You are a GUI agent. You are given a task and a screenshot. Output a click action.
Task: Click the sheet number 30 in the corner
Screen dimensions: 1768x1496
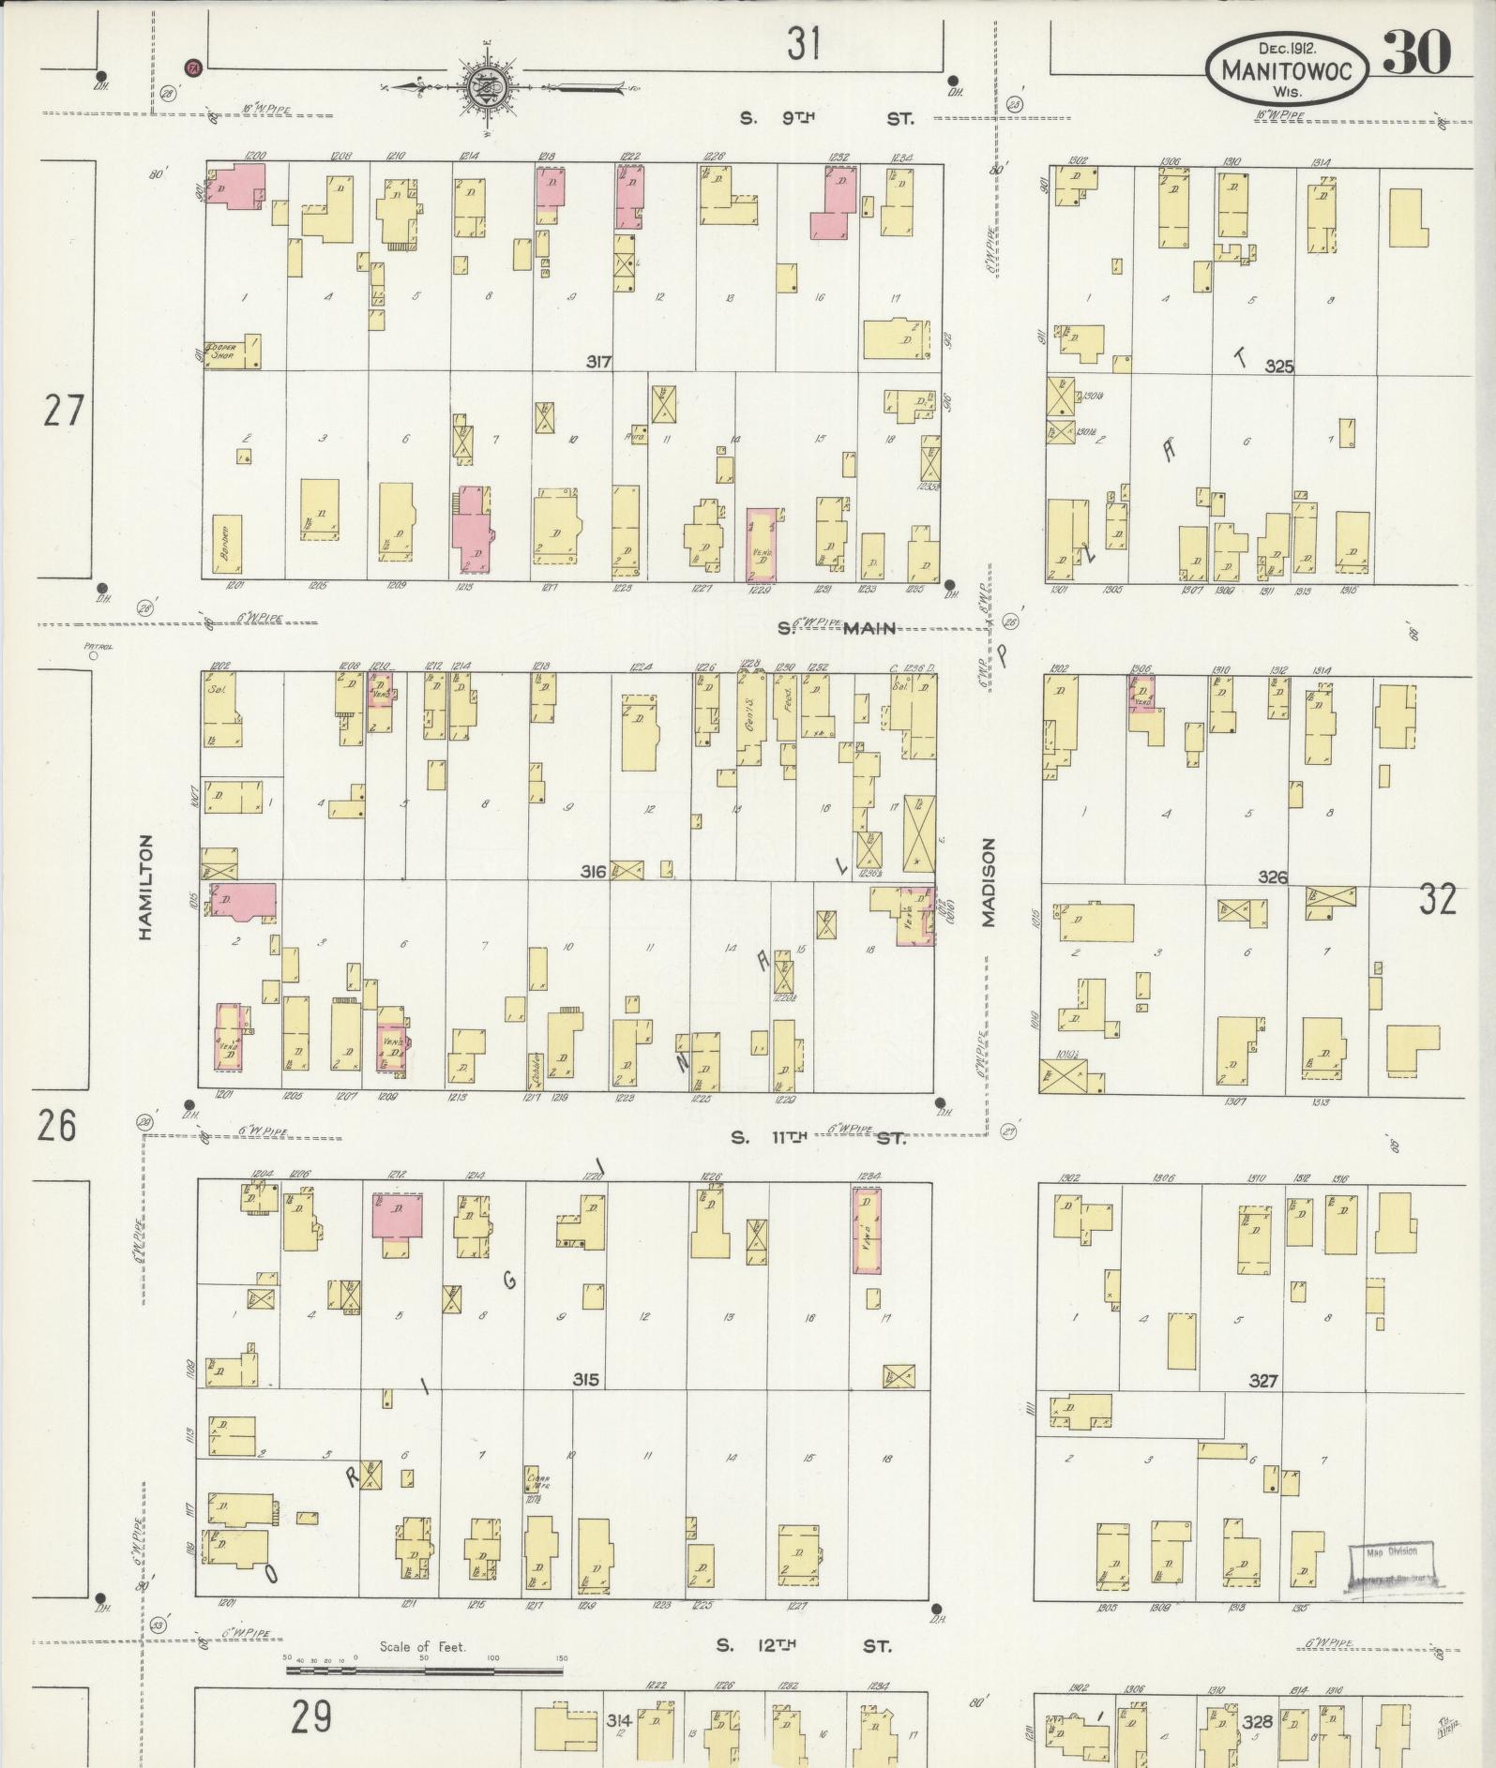pos(1416,52)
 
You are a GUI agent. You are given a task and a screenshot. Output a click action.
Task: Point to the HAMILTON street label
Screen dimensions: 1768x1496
pos(144,887)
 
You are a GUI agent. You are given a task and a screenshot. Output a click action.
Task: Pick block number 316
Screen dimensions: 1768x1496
pos(593,872)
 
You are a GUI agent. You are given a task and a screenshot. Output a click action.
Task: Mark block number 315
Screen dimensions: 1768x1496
pos(586,1380)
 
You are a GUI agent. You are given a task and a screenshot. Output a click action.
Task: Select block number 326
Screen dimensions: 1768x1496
pos(1273,877)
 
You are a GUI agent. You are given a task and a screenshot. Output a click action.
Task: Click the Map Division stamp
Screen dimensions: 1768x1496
pos(1392,1568)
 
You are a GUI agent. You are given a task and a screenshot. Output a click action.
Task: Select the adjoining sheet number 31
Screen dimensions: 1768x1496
pos(804,43)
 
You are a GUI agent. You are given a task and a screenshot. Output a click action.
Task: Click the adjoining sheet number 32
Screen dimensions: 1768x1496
pos(1437,899)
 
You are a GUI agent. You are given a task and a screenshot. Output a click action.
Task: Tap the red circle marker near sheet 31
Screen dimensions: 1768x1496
pos(192,67)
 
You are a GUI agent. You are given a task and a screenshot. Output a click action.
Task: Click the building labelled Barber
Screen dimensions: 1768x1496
pos(227,544)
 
